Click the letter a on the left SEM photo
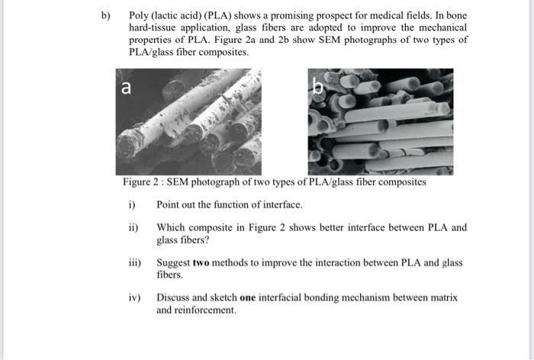point(127,87)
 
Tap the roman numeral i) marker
point(131,204)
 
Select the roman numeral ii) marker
point(133,227)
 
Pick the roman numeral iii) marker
point(134,262)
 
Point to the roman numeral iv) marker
point(134,297)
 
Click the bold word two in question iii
point(201,262)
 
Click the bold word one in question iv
point(248,297)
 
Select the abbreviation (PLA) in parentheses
point(218,16)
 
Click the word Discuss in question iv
point(174,297)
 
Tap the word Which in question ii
point(171,227)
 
